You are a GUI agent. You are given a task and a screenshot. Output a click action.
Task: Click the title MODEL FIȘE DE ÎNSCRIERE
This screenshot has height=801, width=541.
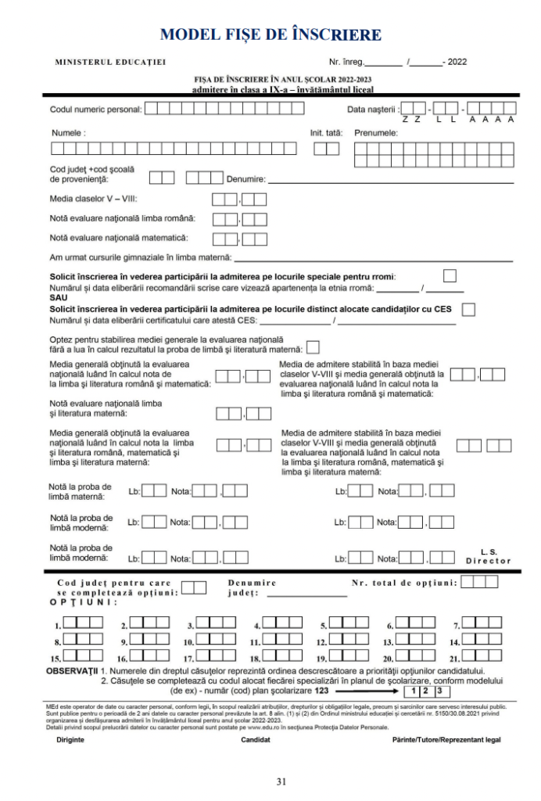(270, 35)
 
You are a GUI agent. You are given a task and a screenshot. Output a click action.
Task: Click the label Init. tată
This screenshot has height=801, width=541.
(326, 133)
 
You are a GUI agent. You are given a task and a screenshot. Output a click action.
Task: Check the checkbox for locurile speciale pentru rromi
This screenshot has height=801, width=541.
(450, 275)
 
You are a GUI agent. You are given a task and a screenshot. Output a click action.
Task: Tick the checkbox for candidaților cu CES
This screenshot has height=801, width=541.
(468, 310)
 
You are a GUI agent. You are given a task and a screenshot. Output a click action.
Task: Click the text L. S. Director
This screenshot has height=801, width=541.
(489, 556)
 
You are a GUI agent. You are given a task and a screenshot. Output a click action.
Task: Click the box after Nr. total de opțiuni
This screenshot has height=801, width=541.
(479, 582)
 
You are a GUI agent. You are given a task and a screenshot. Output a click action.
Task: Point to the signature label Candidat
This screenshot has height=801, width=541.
(256, 739)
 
